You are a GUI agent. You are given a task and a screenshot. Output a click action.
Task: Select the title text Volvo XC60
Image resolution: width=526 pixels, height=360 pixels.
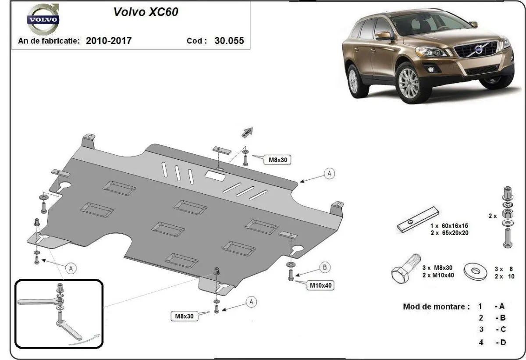tap(146, 12)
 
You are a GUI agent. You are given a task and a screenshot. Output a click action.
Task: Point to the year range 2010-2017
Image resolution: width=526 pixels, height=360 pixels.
tap(108, 41)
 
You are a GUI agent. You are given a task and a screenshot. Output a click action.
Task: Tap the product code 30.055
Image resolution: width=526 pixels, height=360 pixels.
tap(229, 41)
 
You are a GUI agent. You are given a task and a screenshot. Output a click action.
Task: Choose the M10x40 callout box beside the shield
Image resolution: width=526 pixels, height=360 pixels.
tap(321, 285)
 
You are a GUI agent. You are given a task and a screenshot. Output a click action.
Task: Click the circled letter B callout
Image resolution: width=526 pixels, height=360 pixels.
tap(324, 267)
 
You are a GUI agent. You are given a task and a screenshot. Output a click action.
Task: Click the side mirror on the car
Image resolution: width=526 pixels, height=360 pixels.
tap(384, 36)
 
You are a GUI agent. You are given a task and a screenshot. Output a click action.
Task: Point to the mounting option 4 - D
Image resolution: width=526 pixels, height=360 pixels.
tap(491, 342)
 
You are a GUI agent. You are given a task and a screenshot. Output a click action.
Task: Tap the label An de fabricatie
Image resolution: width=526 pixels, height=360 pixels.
tap(49, 41)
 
